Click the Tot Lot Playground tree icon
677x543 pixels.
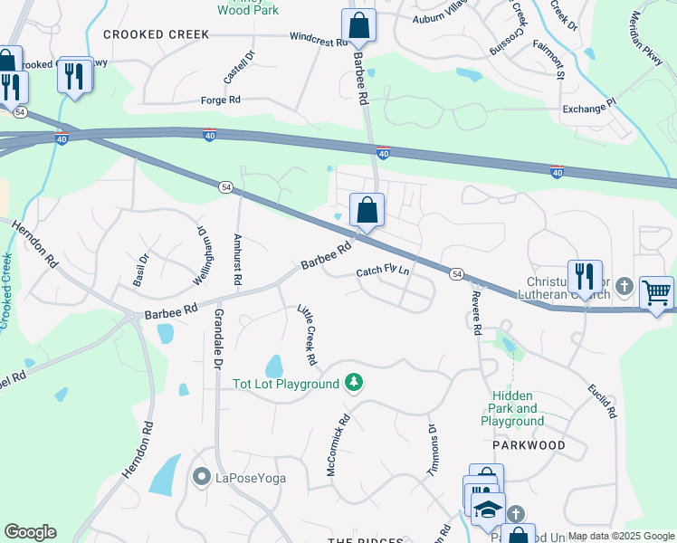coord(356,384)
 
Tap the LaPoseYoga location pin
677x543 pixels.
coord(201,476)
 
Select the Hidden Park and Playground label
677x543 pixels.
coord(512,408)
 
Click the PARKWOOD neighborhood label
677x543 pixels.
coord(529,445)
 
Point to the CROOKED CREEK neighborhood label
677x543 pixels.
coord(157,34)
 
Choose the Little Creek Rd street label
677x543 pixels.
coord(307,335)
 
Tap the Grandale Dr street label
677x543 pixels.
coord(218,339)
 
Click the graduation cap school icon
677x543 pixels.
coord(489,510)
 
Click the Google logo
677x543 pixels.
coord(30,532)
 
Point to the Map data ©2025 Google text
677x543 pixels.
coord(620,536)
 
